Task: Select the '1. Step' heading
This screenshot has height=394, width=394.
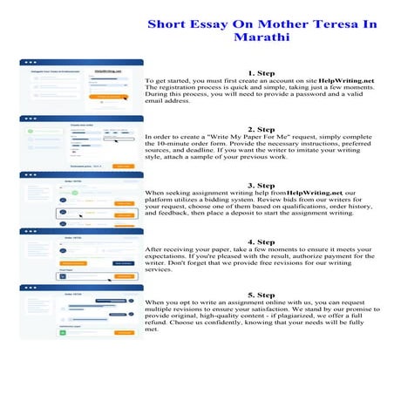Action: [x=263, y=73]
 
